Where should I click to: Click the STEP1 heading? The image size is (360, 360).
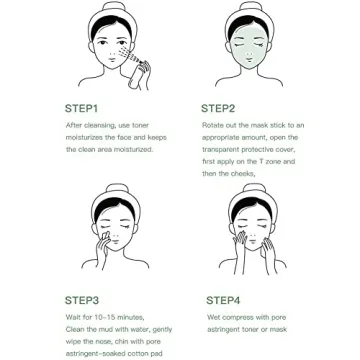point(82,108)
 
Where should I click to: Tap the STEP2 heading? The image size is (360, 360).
point(217,108)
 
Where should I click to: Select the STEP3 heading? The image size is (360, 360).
point(82,299)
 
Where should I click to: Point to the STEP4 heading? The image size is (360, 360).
point(223,299)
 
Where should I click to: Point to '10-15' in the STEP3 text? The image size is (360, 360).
point(98,316)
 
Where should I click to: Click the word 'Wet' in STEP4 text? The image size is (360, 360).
point(212,316)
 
